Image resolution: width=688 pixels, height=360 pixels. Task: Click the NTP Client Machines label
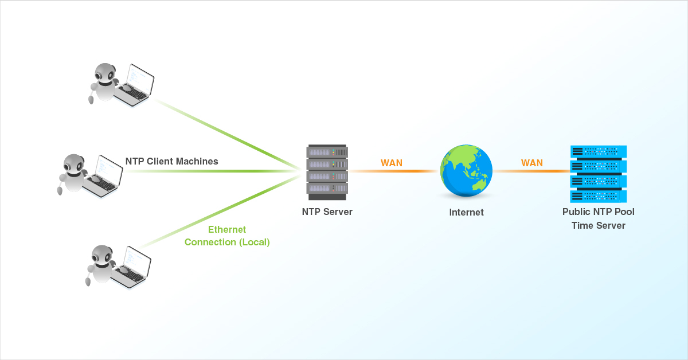pyautogui.click(x=171, y=161)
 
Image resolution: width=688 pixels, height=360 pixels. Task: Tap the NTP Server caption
pyautogui.click(x=327, y=212)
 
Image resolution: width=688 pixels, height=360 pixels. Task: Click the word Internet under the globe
pyautogui.click(x=466, y=212)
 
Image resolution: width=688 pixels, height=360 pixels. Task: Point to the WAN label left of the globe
pyautogui.click(x=392, y=163)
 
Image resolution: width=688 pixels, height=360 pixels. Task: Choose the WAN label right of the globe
pyautogui.click(x=531, y=163)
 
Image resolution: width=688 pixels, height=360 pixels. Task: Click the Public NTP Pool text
pyautogui.click(x=598, y=212)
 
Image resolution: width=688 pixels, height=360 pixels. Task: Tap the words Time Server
pyautogui.click(x=598, y=225)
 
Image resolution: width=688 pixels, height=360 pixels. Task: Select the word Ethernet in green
pyautogui.click(x=226, y=229)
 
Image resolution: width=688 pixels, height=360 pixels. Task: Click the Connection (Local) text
pyautogui.click(x=226, y=242)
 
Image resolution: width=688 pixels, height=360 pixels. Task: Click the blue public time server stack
pyautogui.click(x=599, y=173)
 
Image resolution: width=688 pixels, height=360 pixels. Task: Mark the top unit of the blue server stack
pyautogui.click(x=599, y=152)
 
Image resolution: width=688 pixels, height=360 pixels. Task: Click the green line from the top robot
pyautogui.click(x=229, y=134)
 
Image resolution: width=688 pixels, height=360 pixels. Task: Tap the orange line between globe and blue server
pyautogui.click(x=530, y=171)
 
